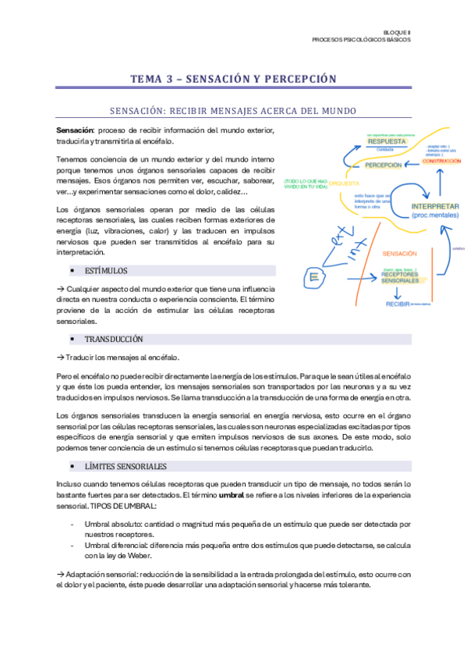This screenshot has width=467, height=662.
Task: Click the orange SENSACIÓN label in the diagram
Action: (400, 254)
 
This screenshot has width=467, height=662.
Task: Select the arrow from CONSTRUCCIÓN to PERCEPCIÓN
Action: (413, 164)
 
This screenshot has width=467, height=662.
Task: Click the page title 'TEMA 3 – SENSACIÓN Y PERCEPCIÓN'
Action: (233, 79)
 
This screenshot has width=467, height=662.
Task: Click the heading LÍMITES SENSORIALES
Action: (125, 467)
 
